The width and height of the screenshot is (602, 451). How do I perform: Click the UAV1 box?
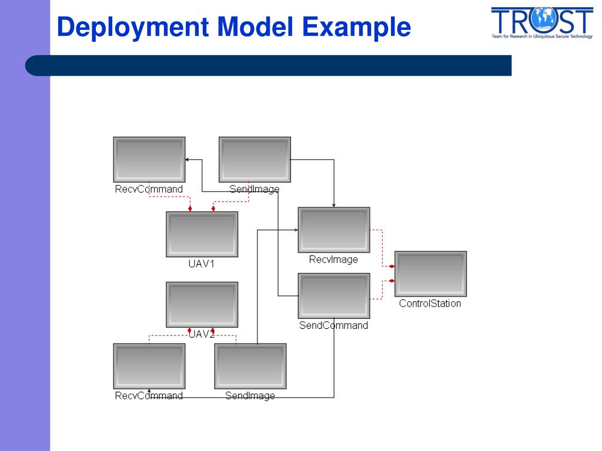click(202, 234)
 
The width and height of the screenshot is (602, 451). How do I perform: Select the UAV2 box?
click(202, 304)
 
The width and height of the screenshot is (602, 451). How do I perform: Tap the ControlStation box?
click(430, 274)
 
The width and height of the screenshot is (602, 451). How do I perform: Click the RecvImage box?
click(334, 230)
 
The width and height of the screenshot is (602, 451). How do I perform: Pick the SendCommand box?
click(334, 295)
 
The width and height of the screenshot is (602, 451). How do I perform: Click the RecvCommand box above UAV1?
click(149, 159)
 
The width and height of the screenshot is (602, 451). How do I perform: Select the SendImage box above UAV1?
click(255, 159)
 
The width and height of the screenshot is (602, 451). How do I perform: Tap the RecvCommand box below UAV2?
click(149, 366)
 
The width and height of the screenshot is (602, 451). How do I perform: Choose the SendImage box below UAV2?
click(250, 366)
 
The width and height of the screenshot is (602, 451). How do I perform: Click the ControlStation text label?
click(430, 304)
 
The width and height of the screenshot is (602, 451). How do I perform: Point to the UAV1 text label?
click(202, 264)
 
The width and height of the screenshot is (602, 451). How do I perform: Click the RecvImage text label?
click(333, 260)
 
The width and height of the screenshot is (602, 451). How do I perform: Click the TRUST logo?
click(541, 22)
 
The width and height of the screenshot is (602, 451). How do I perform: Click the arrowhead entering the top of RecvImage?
click(334, 205)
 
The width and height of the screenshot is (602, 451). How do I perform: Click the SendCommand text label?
click(333, 325)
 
